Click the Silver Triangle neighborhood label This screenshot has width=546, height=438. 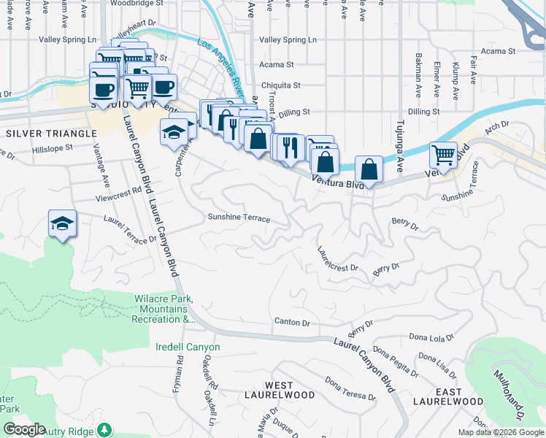pyautogui.click(x=51, y=134)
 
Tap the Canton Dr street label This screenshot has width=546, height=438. pyautogui.click(x=292, y=322)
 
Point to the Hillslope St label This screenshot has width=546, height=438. pyautogui.click(x=53, y=147)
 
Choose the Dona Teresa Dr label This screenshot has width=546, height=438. pyautogui.click(x=350, y=389)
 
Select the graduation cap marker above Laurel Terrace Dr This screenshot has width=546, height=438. pyautogui.click(x=63, y=223)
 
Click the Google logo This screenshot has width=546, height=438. pyautogui.click(x=25, y=430)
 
